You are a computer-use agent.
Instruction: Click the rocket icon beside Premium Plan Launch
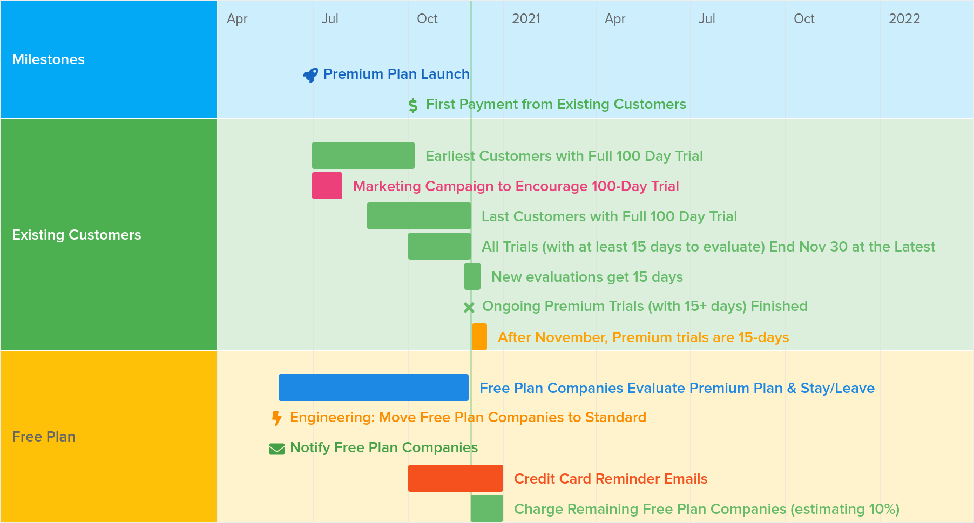pyautogui.click(x=310, y=75)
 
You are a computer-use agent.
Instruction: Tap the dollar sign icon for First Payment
pyautogui.click(x=413, y=105)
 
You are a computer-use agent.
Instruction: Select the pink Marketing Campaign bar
pyautogui.click(x=327, y=186)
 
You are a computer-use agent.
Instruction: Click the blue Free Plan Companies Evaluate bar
pyautogui.click(x=374, y=388)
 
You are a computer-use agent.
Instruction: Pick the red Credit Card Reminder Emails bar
pyautogui.click(x=456, y=478)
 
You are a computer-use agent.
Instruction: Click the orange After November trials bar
pyautogui.click(x=479, y=337)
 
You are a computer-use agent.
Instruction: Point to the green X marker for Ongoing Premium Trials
pyautogui.click(x=469, y=308)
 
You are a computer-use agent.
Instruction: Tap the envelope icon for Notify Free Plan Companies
pyautogui.click(x=277, y=449)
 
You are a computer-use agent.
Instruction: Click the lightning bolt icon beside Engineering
pyautogui.click(x=277, y=418)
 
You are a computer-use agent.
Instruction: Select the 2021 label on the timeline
pyautogui.click(x=526, y=19)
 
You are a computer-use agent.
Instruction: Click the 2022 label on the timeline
pyautogui.click(x=904, y=19)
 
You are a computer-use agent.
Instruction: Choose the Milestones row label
pyautogui.click(x=49, y=59)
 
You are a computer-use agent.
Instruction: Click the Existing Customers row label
pyautogui.click(x=77, y=235)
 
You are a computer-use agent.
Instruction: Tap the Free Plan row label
pyautogui.click(x=44, y=437)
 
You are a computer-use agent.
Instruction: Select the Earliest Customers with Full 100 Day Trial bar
pyautogui.click(x=363, y=155)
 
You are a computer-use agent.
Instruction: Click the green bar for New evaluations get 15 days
pyautogui.click(x=472, y=276)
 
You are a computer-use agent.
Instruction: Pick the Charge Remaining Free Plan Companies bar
pyautogui.click(x=487, y=508)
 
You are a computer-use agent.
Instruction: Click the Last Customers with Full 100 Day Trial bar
pyautogui.click(x=419, y=216)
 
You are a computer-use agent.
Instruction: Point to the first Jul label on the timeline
pyautogui.click(x=330, y=19)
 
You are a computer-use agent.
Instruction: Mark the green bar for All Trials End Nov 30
pyautogui.click(x=439, y=246)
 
